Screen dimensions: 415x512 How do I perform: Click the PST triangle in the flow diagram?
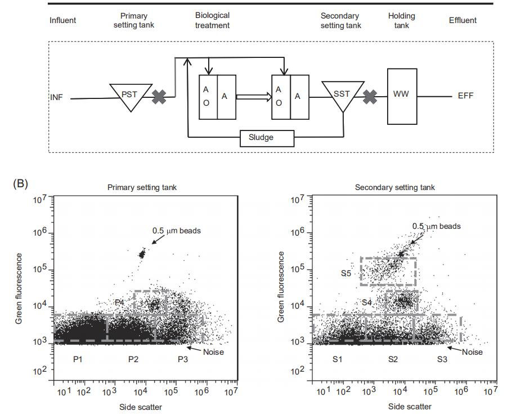131,94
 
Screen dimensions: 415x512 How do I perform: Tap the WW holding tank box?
402,96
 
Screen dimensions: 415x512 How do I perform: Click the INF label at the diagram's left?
56,97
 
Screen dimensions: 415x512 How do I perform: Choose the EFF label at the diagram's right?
466,96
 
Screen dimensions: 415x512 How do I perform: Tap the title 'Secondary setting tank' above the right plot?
395,188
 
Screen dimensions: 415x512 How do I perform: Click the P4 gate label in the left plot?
119,303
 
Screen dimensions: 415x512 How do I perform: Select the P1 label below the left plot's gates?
79,359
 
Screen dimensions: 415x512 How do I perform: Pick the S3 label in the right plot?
442,359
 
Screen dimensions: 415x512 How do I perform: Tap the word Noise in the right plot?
473,352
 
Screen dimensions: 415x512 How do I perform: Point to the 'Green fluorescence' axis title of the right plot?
281,287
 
